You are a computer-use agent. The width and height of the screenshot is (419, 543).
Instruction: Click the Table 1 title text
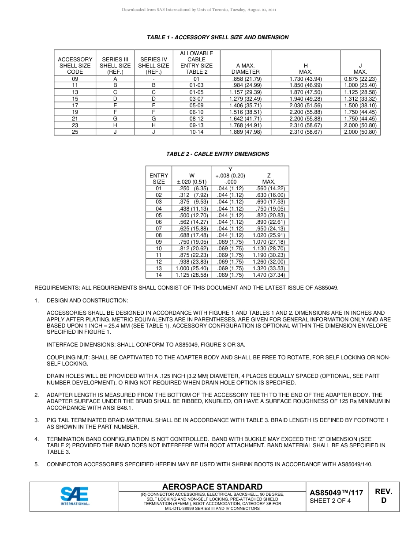click(217, 38)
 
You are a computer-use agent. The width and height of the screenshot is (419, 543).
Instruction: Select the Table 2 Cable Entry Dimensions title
click(217, 154)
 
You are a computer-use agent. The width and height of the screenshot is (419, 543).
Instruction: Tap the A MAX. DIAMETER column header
click(246, 68)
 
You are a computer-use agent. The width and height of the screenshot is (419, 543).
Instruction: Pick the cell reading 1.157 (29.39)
click(246, 92)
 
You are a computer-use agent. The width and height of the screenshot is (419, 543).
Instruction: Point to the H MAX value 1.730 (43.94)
click(306, 79)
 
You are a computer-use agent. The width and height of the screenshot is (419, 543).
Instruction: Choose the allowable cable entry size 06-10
click(196, 112)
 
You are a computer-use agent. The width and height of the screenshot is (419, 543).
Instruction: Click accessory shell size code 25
click(75, 132)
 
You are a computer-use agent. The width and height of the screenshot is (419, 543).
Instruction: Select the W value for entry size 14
click(192, 275)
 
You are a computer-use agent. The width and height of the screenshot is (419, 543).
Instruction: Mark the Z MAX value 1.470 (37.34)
click(269, 275)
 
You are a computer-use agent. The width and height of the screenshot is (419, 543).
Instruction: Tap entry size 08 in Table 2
click(159, 235)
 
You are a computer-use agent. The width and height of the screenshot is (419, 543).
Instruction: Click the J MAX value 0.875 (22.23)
click(360, 79)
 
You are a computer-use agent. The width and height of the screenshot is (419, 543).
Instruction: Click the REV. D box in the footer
click(383, 496)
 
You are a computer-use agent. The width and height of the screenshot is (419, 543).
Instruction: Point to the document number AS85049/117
click(336, 493)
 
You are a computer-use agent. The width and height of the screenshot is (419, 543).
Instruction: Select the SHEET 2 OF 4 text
click(330, 501)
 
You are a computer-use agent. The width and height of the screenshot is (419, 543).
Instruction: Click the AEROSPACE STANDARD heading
click(212, 486)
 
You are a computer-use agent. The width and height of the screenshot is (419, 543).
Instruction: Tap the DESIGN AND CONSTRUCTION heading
click(87, 301)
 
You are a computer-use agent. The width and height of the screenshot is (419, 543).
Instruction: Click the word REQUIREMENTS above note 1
click(57, 288)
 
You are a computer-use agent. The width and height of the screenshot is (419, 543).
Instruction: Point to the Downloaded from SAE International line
click(199, 10)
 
